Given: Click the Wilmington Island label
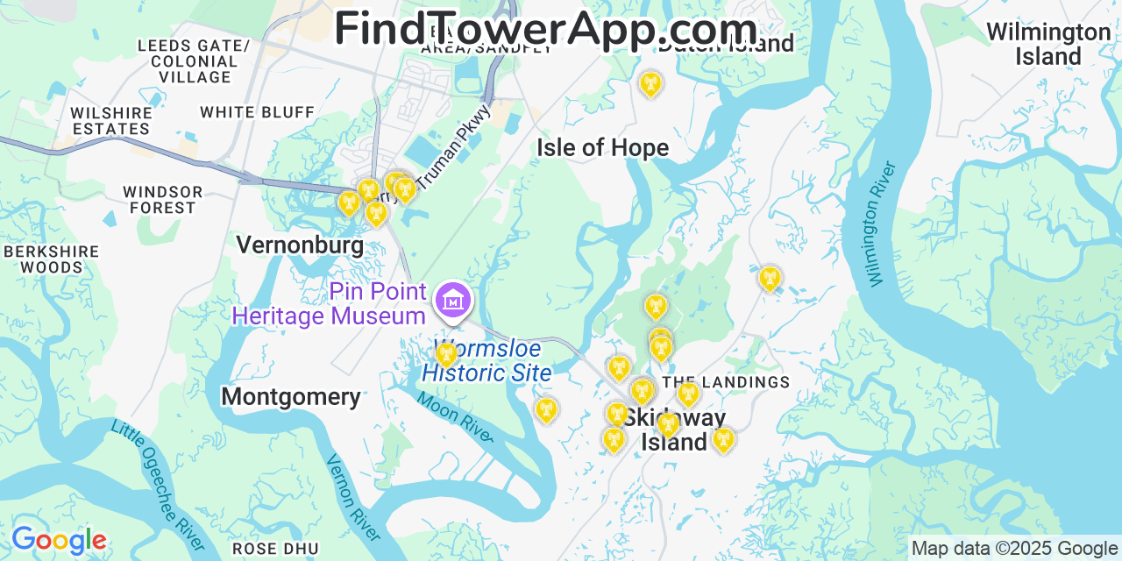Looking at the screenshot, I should click(1047, 44).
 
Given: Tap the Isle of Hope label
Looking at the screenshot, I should click(602, 147).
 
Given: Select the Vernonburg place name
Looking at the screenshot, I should click(300, 245).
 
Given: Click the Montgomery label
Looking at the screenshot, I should click(290, 397).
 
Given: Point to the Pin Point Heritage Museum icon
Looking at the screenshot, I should click(452, 301).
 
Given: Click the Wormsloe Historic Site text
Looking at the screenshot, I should click(486, 361).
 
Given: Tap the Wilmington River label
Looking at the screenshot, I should click(882, 224).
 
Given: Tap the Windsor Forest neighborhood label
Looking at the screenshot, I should click(163, 200).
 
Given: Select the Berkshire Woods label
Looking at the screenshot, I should click(52, 259).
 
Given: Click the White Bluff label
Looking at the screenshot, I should click(257, 112).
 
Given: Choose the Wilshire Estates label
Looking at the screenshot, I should click(111, 121).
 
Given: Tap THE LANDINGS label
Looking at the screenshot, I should click(726, 382).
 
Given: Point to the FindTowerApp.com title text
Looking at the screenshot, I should click(545, 28).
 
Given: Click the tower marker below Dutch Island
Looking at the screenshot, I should click(650, 84).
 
